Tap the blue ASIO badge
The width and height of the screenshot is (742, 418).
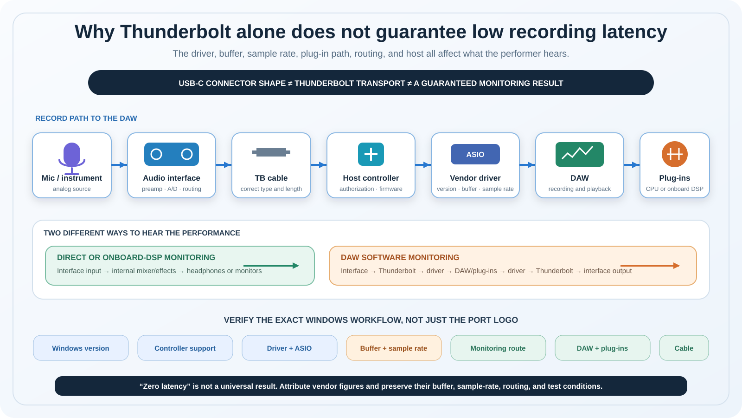[475, 154]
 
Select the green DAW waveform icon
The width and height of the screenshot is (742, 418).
[579, 154]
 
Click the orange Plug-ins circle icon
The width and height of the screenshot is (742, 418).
[674, 154]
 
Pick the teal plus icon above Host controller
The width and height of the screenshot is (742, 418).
[371, 154]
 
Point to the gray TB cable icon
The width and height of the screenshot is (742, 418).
[271, 152]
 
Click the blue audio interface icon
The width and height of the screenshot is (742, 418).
[171, 154]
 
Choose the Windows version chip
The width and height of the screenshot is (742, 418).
[81, 348]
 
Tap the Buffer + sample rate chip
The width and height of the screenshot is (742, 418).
[394, 348]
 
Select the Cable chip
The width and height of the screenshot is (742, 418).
[684, 348]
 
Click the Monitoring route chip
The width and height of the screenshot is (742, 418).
[498, 348]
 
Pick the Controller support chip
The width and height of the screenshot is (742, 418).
[185, 348]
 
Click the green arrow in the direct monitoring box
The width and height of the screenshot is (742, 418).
[271, 265]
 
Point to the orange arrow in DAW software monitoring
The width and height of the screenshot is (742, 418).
[650, 265]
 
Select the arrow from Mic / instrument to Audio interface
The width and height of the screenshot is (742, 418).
[119, 165]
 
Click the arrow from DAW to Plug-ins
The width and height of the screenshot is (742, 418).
[632, 165]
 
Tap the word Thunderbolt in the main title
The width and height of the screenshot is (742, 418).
[175, 32]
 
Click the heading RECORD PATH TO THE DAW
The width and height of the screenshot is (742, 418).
[86, 118]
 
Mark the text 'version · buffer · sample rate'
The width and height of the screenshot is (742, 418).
[475, 189]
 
